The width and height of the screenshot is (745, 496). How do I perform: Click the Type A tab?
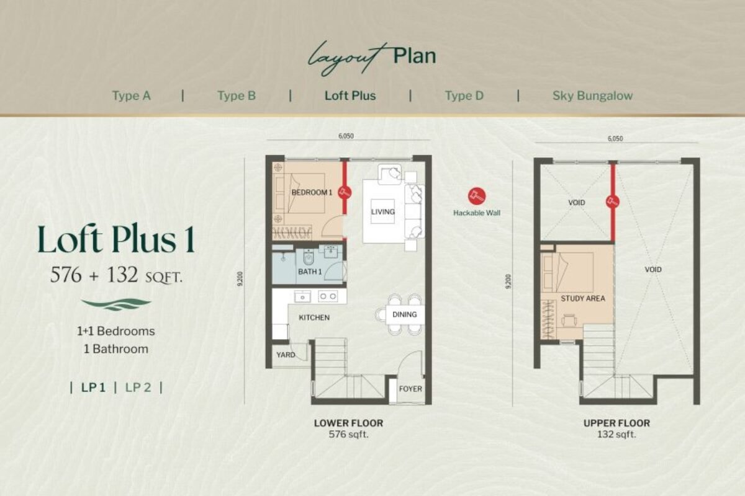pyautogui.click(x=132, y=95)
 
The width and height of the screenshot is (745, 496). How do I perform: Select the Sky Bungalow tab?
pyautogui.click(x=592, y=95)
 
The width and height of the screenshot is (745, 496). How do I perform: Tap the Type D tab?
pyautogui.click(x=464, y=95)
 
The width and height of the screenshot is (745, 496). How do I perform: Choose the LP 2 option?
pyautogui.click(x=138, y=387)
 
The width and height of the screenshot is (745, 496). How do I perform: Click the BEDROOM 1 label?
pyautogui.click(x=312, y=192)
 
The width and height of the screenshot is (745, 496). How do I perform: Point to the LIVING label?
pyautogui.click(x=383, y=211)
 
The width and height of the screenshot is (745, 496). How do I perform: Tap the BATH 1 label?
pyautogui.click(x=310, y=272)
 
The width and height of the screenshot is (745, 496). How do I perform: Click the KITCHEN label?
pyautogui.click(x=314, y=317)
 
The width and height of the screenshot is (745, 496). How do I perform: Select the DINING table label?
pyautogui.click(x=404, y=314)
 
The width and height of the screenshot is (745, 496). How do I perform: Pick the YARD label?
pyautogui.click(x=286, y=355)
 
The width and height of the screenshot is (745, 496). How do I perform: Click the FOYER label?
pyautogui.click(x=410, y=389)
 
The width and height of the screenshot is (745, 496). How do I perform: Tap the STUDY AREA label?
pyautogui.click(x=583, y=298)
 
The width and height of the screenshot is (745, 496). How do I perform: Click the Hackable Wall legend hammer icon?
pyautogui.click(x=477, y=196)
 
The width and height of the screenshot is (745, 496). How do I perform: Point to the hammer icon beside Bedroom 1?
pyautogui.click(x=345, y=192)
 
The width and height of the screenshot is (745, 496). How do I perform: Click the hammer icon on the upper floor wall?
pyautogui.click(x=613, y=201)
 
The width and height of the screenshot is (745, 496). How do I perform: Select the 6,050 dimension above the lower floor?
pyautogui.click(x=346, y=136)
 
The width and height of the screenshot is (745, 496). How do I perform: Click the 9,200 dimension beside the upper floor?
pyautogui.click(x=508, y=281)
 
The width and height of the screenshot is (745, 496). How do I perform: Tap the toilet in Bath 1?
pyautogui.click(x=309, y=257)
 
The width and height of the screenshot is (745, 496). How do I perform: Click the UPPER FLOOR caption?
pyautogui.click(x=616, y=423)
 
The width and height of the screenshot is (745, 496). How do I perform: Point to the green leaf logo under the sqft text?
pyautogui.click(x=116, y=304)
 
